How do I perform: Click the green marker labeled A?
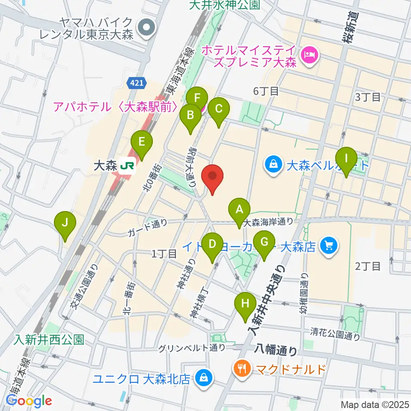click(x=239, y=209)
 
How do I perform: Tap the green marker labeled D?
click(x=212, y=244)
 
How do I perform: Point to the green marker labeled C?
click(x=218, y=109)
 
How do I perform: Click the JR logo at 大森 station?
click(x=127, y=165)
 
